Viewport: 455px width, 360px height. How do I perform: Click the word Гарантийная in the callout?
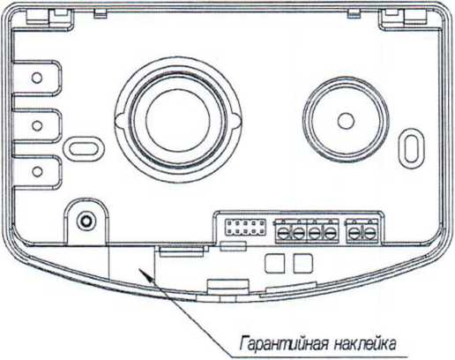click(283, 344)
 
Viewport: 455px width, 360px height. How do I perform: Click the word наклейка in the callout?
click(365, 344)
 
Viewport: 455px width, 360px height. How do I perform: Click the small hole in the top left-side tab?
click(37, 78)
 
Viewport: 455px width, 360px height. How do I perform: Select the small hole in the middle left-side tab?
click(37, 125)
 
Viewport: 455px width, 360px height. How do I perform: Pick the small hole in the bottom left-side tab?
click(37, 171)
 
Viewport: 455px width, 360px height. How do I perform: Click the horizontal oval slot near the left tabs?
click(85, 148)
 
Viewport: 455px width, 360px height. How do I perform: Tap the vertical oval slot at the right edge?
click(411, 148)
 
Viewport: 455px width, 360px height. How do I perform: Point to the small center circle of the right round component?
click(346, 121)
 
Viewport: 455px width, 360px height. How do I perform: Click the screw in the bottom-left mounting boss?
click(86, 221)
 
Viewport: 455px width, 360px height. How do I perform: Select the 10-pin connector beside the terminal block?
click(245, 228)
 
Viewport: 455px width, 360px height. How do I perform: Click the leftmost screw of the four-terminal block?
click(283, 233)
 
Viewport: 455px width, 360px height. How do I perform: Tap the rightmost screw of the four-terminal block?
click(330, 233)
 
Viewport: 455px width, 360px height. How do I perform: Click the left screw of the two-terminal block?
click(354, 233)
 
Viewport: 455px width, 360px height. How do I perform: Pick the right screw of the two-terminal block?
click(369, 233)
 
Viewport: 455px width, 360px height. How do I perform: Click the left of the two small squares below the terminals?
click(274, 264)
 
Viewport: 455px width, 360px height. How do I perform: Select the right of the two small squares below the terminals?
click(302, 264)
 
